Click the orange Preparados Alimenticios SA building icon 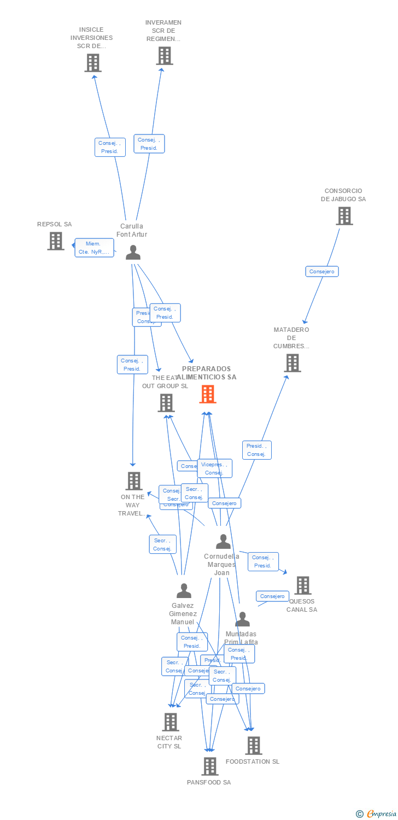click(208, 394)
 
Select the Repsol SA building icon click(55, 241)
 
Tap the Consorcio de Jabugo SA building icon click(344, 216)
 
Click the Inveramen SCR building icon click(164, 56)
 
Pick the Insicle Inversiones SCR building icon click(93, 63)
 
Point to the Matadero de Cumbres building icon click(292, 363)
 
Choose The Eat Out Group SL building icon click(166, 403)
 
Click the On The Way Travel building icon click(134, 481)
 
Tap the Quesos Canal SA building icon click(302, 585)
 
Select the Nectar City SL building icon click(171, 722)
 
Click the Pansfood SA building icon click(210, 766)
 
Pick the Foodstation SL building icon click(253, 746)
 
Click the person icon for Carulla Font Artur click(133, 253)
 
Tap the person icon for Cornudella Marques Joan click(223, 541)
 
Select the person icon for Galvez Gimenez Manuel click(184, 591)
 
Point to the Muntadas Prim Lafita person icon click(242, 619)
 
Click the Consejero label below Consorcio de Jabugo click(321, 271)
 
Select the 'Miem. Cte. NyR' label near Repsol click(94, 248)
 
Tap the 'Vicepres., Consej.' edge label click(214, 468)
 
